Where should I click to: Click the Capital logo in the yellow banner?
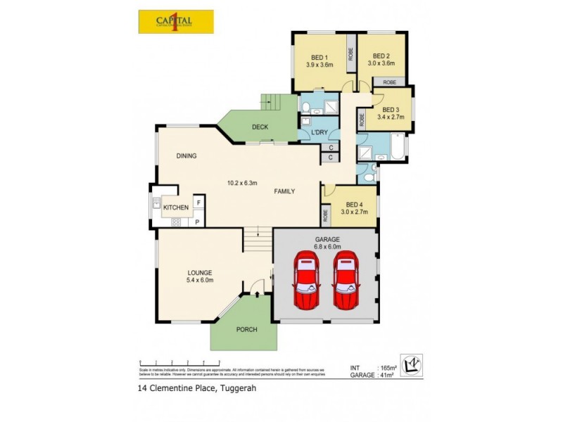point(175,21)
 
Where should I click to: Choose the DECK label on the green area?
point(260,127)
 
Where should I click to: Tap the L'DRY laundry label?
point(312,132)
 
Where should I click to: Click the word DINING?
point(186,155)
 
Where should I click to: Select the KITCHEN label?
point(176,207)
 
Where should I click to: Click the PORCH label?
point(246,329)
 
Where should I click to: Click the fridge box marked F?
point(198,203)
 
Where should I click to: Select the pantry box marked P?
point(198,222)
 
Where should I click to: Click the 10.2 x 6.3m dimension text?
point(243,183)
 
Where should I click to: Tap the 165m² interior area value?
point(388,368)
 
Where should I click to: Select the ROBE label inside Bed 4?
point(326,215)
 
